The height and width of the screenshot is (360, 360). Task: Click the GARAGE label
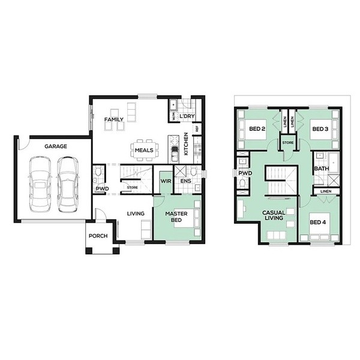[56, 146]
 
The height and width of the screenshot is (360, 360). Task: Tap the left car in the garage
[40, 184]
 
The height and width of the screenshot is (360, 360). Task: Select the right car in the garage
[68, 184]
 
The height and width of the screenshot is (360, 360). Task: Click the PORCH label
[98, 236]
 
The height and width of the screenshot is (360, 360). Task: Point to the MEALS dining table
[145, 150]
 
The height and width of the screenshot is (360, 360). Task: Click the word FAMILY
[114, 119]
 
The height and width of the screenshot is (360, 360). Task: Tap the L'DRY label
[187, 116]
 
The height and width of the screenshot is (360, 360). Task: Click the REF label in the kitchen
[197, 129]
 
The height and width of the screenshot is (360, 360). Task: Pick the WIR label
[166, 181]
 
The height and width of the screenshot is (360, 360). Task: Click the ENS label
[186, 181]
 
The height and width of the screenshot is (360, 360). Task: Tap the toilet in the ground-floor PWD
[98, 171]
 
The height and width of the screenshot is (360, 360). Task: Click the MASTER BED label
[176, 217]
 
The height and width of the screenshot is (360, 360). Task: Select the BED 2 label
[257, 129]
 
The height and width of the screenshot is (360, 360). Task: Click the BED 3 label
[320, 129]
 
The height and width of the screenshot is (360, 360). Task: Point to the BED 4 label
[318, 222]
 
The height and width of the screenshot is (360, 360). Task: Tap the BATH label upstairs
[322, 169]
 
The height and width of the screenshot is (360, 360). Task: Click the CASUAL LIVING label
[274, 215]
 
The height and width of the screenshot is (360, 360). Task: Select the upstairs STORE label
[288, 143]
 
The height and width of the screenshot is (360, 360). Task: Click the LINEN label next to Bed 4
[326, 191]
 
